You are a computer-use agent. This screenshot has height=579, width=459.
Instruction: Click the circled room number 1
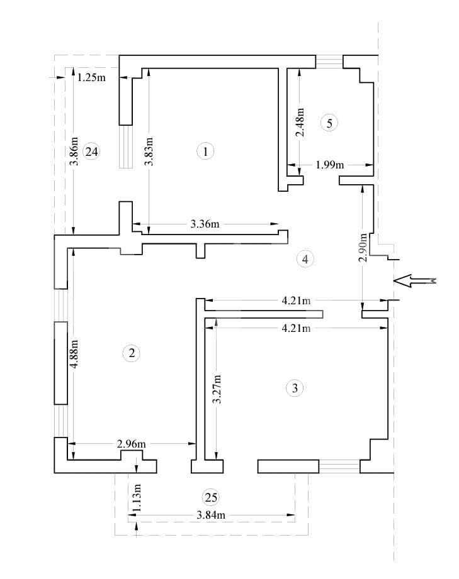point(205,151)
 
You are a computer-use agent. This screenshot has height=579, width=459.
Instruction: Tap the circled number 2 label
point(131,353)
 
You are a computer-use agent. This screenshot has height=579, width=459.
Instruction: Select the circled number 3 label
point(295,388)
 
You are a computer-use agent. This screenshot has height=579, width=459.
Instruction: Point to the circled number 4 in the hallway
point(305,258)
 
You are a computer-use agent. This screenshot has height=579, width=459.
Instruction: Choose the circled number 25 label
point(212,497)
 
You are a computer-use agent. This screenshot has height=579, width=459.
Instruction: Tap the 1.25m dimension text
point(91,78)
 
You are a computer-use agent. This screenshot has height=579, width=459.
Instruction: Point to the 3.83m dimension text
point(149,152)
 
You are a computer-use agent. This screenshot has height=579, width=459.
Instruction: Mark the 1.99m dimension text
point(330,165)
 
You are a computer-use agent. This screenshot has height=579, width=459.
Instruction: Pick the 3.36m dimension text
point(205,223)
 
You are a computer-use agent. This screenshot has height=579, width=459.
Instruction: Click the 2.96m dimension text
point(132,444)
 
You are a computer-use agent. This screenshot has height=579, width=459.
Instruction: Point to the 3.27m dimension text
point(217,390)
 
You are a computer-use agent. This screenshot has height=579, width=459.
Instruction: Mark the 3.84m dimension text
point(211,516)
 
